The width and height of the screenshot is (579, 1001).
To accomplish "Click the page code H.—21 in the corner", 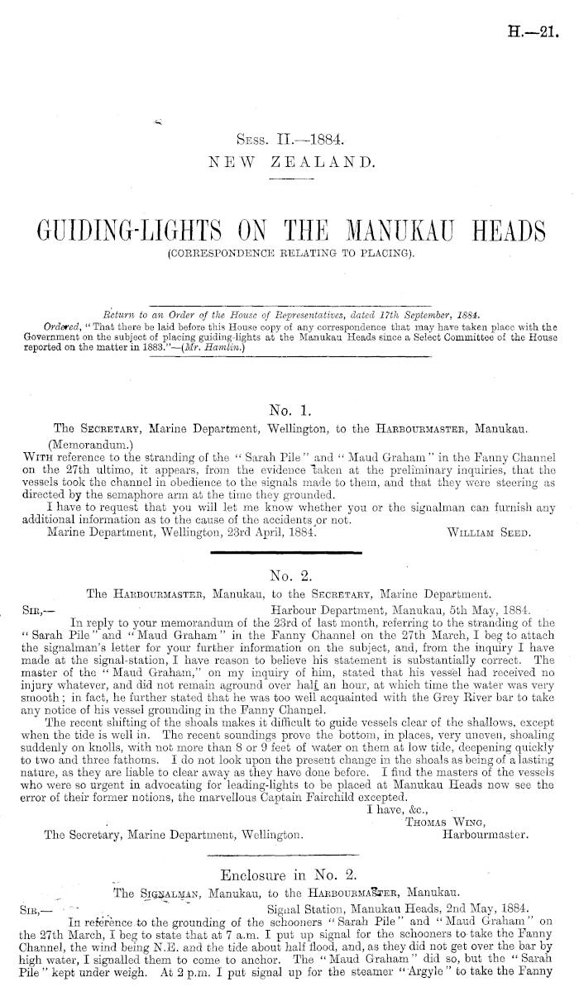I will click(x=538, y=32).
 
